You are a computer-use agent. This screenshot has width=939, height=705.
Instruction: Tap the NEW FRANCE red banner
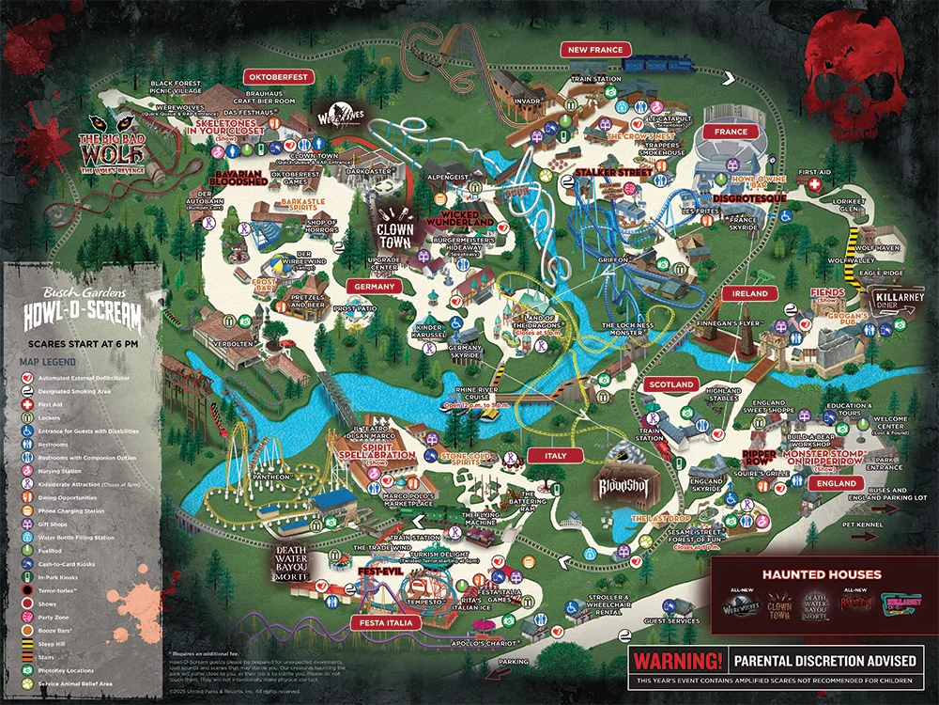tap(596, 49)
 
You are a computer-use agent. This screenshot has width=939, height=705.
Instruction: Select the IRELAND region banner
tap(750, 293)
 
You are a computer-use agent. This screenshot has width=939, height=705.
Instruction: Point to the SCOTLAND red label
tap(670, 384)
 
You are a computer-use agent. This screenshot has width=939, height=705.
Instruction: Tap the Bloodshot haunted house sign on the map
tap(623, 487)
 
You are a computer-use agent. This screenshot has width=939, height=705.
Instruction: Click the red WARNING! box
tap(678, 660)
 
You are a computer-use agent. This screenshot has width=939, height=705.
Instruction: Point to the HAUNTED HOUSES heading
tap(821, 574)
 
